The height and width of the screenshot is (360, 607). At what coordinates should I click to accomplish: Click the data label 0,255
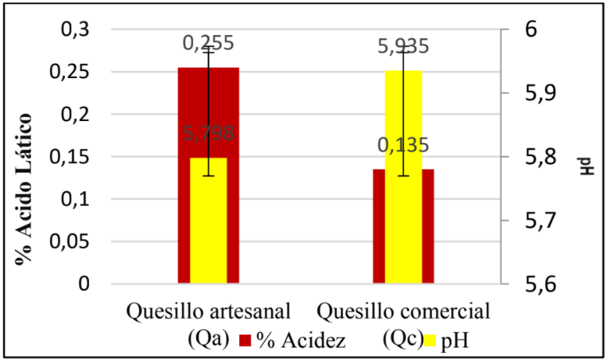[x=209, y=44]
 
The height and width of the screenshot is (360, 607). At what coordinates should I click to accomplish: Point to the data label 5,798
[x=209, y=134]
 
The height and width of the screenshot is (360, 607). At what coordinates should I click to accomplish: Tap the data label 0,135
[x=403, y=145]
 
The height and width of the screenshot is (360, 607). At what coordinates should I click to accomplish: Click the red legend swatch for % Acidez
[x=245, y=341]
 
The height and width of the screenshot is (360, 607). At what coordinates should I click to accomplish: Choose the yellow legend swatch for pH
[x=429, y=341]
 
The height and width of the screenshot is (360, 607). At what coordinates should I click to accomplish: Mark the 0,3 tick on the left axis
[x=75, y=30]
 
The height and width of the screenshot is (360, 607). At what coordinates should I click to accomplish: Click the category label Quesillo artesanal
[x=209, y=312]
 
